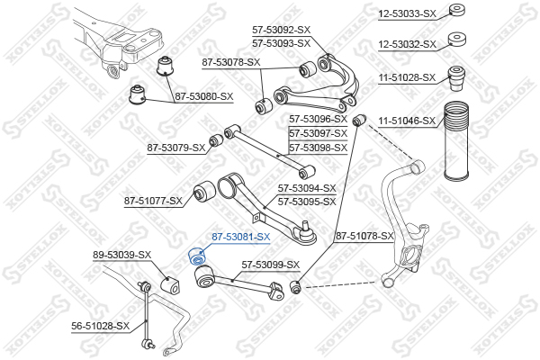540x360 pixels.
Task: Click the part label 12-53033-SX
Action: (x=407, y=13)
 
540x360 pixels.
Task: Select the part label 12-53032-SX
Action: (x=407, y=43)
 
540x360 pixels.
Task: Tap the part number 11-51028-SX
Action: (x=407, y=77)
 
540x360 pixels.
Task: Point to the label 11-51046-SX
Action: (x=407, y=120)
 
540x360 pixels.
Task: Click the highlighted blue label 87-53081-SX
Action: (x=240, y=237)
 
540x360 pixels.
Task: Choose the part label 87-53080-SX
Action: (x=203, y=95)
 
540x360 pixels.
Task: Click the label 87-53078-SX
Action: (x=231, y=62)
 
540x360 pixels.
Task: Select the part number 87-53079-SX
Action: (x=176, y=147)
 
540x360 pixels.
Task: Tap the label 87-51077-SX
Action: (x=153, y=201)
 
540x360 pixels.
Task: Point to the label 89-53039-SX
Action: (x=122, y=256)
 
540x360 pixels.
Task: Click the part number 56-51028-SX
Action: (x=101, y=326)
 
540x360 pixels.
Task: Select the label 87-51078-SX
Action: (x=364, y=237)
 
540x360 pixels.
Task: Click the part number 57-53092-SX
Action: (x=281, y=31)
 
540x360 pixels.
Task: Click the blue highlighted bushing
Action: (x=197, y=256)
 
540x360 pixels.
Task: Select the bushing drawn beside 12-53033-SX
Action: (x=456, y=12)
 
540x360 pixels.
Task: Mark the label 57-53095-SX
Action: (x=307, y=202)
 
